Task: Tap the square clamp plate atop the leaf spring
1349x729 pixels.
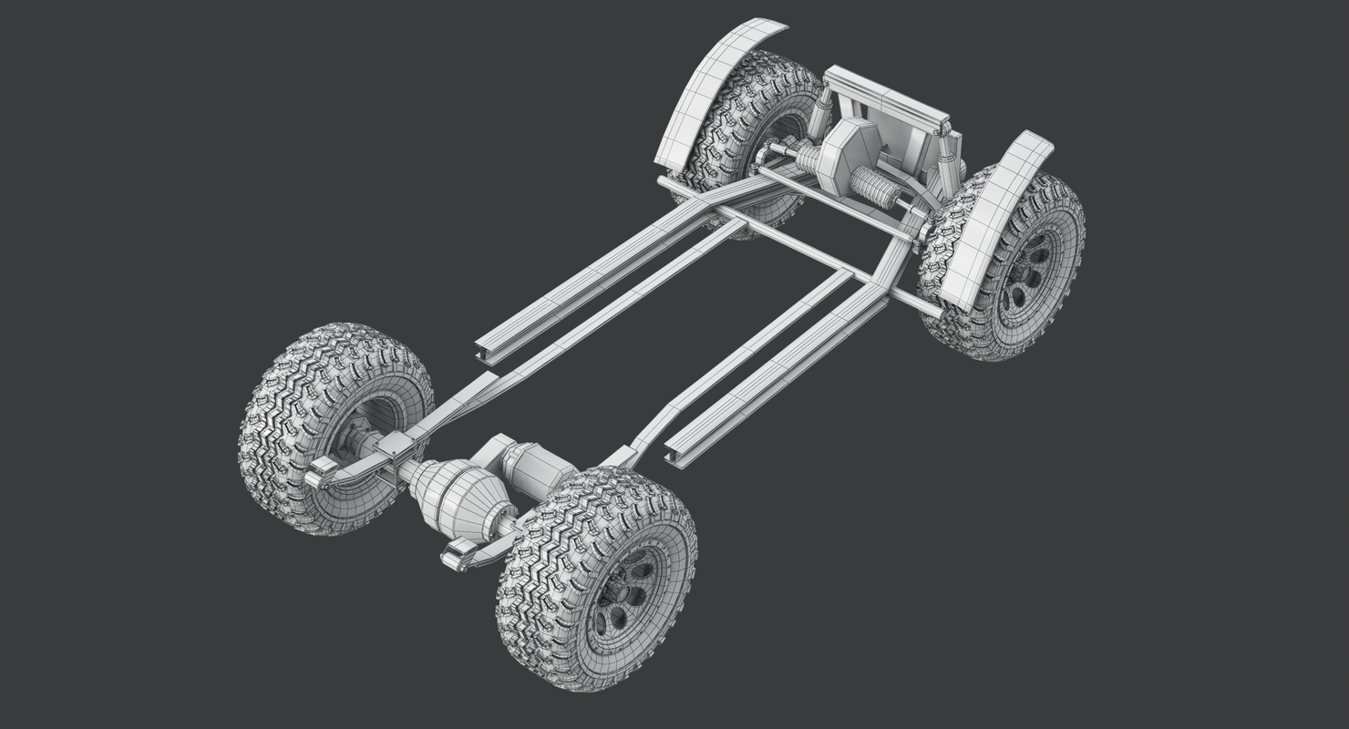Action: [397, 446]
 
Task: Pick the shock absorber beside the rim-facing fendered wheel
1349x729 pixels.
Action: [953, 150]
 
